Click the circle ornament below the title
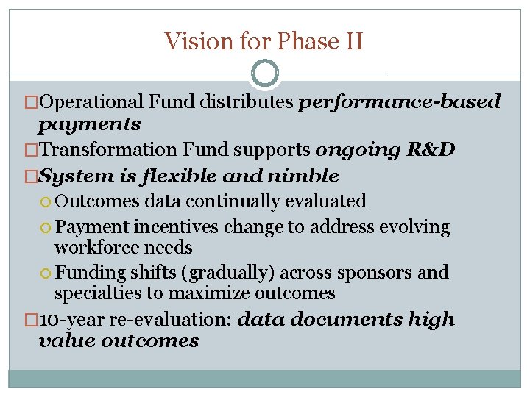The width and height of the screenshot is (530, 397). pyautogui.click(x=264, y=74)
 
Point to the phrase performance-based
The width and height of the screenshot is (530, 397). pyautogui.click(x=399, y=101)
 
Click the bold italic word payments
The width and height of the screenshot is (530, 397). pyautogui.click(x=90, y=123)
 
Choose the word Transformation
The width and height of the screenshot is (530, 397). pyautogui.click(x=108, y=150)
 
